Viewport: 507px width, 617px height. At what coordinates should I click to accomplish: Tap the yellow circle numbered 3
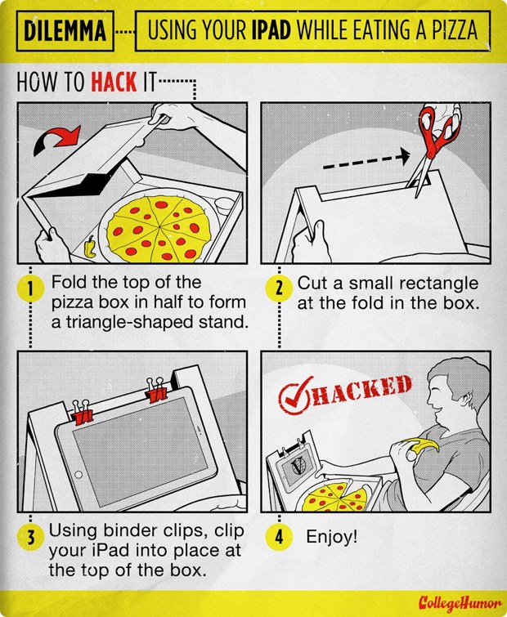coord(30,538)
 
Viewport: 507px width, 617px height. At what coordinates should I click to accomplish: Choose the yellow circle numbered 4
coord(277,538)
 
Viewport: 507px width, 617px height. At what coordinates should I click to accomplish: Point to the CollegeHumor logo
coord(456,604)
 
